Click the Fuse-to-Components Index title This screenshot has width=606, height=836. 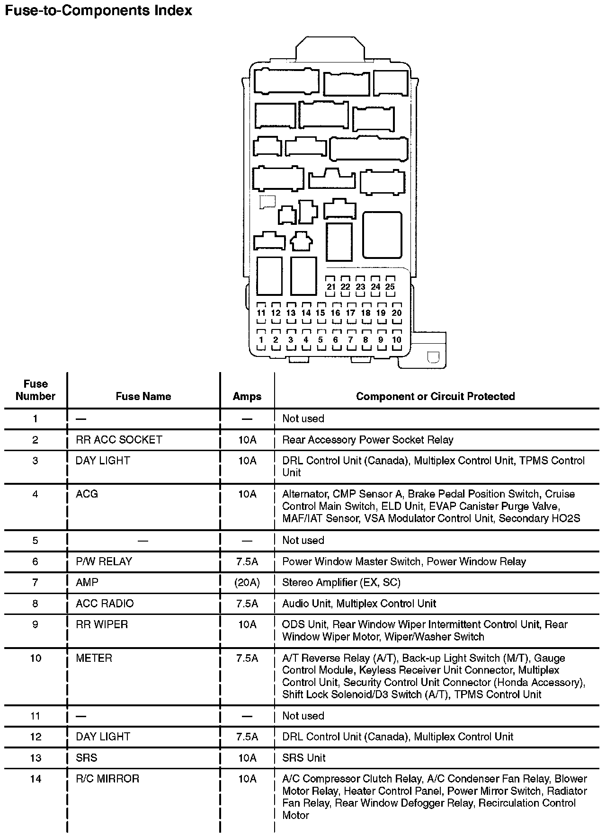(98, 10)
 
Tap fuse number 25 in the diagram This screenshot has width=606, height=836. (390, 286)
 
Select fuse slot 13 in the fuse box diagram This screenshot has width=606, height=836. (291, 313)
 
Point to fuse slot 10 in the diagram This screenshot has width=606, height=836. (397, 339)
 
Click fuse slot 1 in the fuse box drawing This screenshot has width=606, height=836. (261, 339)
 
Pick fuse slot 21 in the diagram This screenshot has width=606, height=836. (331, 286)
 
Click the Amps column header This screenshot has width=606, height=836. (247, 396)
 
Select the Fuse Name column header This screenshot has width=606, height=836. (143, 396)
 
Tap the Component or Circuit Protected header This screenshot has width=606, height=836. (435, 396)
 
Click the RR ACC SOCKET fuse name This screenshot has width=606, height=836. (119, 440)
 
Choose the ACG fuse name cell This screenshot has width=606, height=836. (87, 494)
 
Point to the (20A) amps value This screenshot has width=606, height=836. (247, 582)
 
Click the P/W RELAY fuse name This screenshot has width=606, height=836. (104, 561)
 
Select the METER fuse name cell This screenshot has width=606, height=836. (94, 658)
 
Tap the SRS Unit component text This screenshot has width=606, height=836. (303, 758)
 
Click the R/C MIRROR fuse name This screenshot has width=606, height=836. (107, 779)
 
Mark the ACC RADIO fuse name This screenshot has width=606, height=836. (105, 604)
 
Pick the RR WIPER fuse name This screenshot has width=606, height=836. (102, 624)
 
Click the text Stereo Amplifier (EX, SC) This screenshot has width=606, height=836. (341, 582)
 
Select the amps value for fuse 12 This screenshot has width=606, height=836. (247, 737)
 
